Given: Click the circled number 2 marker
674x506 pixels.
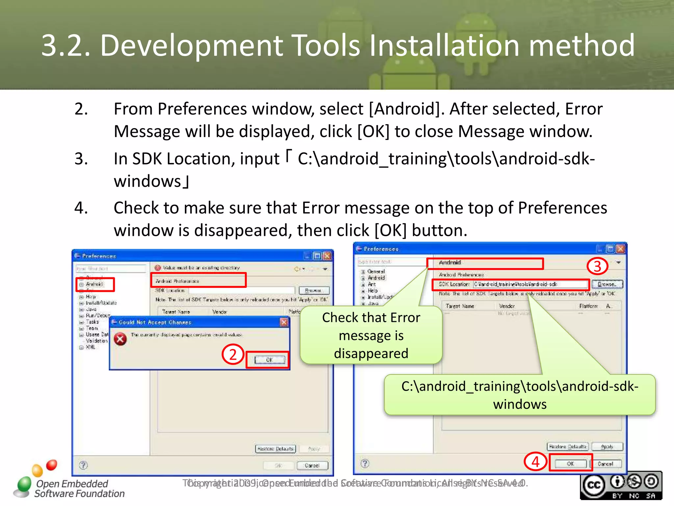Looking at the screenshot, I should (x=233, y=354).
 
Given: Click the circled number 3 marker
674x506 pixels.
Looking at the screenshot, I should (x=597, y=266).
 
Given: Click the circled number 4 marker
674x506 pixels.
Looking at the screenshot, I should (x=535, y=462).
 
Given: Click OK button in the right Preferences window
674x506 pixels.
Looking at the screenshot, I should (x=570, y=464).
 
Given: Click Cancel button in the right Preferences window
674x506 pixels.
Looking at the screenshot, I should (x=605, y=464).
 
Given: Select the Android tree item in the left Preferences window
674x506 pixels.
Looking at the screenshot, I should (x=94, y=284).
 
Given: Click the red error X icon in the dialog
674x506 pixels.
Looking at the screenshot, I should (x=120, y=339).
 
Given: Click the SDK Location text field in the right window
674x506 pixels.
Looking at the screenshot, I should (x=530, y=284).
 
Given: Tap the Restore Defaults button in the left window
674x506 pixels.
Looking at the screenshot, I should (x=275, y=449).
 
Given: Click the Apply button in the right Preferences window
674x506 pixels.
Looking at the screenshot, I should (x=607, y=447).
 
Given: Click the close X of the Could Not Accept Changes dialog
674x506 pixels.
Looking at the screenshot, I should (x=284, y=322).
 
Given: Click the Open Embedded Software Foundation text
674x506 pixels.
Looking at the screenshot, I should (x=79, y=489).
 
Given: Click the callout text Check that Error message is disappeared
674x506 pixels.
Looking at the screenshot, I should (x=371, y=335).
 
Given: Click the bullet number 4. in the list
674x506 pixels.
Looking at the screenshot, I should (x=81, y=208).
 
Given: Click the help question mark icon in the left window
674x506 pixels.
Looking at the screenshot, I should (x=84, y=465).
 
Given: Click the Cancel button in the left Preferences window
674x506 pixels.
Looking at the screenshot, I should (x=312, y=465).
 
